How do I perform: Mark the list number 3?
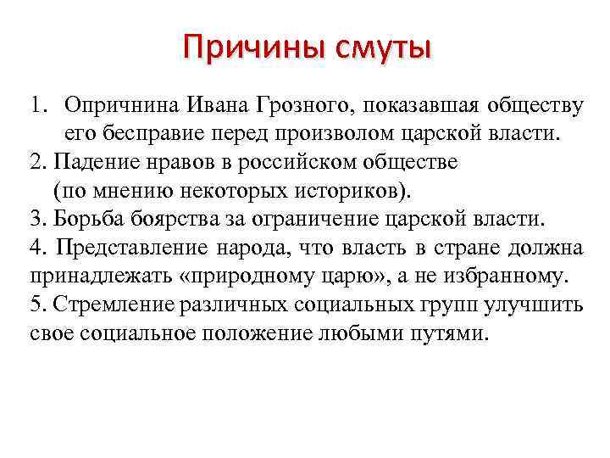click(35, 218)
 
